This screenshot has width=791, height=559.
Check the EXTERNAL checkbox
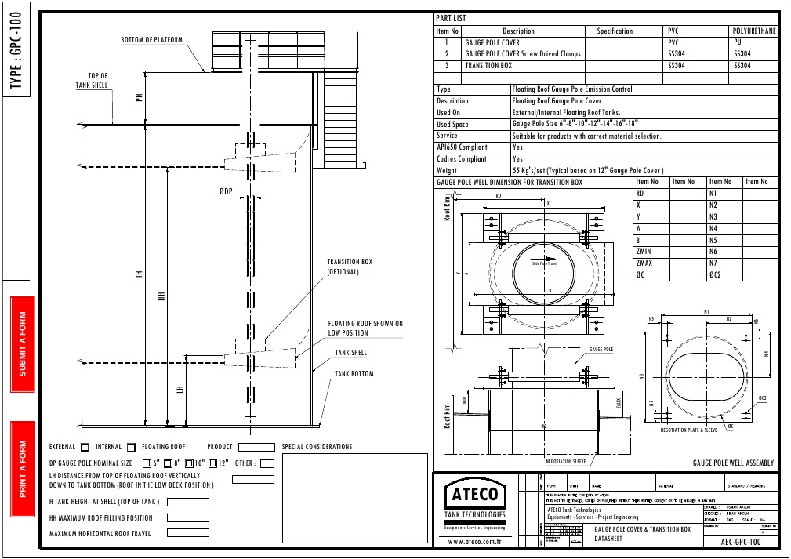click(84, 448)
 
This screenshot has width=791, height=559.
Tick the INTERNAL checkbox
click(131, 448)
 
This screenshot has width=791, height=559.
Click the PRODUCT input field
click(261, 448)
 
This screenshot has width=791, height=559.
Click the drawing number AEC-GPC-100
click(740, 542)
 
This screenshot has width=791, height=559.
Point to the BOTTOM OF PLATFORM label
click(151, 40)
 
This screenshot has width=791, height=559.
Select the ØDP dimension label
click(227, 191)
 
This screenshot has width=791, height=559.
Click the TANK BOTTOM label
click(354, 374)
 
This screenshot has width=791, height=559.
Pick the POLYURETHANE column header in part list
click(754, 31)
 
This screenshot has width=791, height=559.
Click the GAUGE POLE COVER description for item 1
click(492, 42)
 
